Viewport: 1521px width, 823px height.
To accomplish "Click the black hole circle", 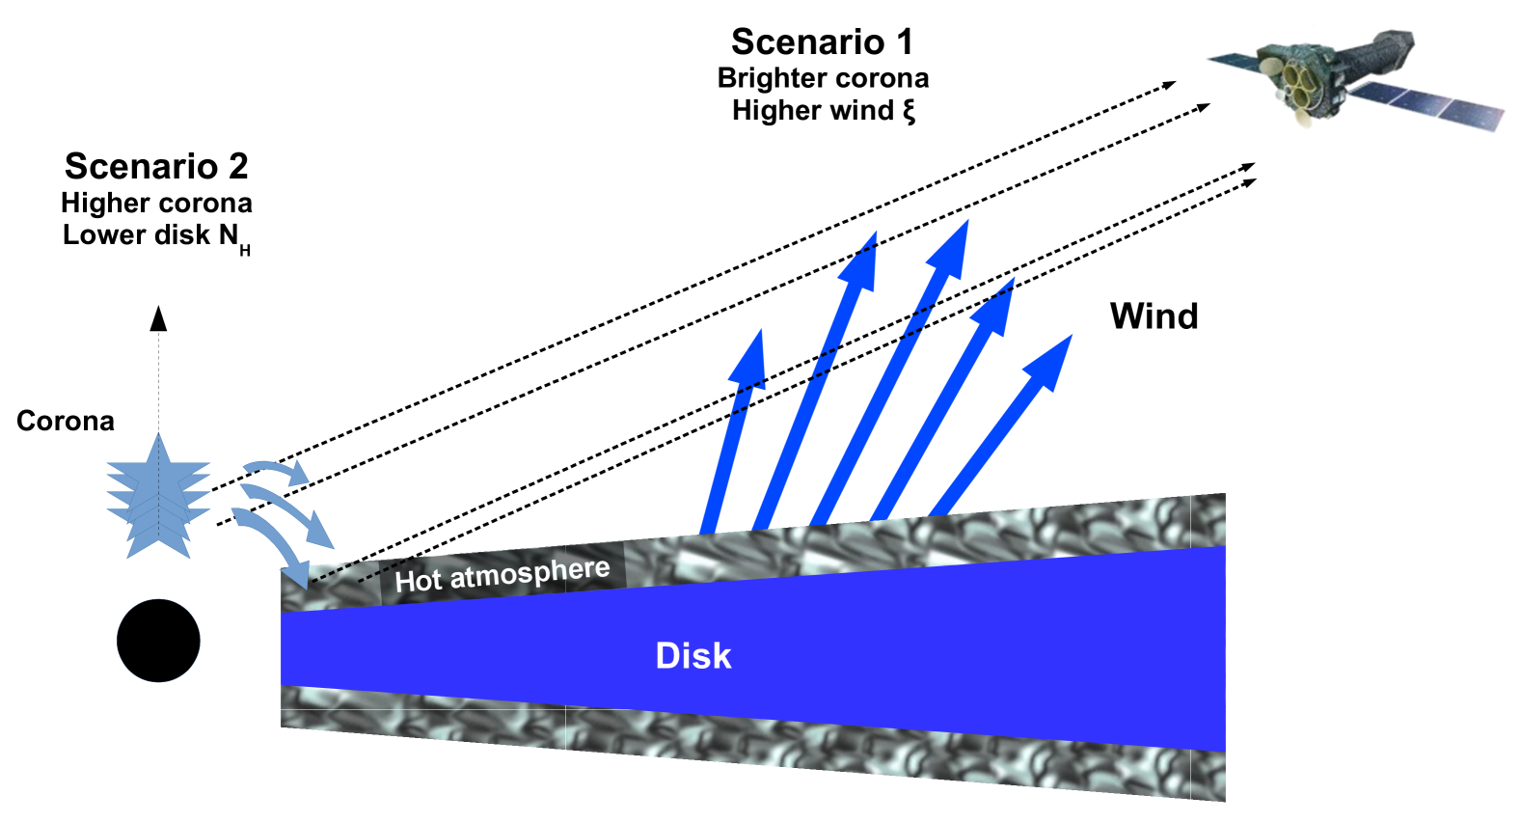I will click(x=158, y=641).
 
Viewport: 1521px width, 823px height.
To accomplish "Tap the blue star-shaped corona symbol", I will click(x=158, y=498).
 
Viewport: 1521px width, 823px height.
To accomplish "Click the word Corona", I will click(x=66, y=422).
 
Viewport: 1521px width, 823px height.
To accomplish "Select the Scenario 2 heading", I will click(x=156, y=167).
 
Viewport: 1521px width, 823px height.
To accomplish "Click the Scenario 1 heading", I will click(x=822, y=42).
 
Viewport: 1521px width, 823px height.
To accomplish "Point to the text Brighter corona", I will click(x=823, y=78).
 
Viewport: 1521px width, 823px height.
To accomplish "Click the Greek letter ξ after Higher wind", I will click(x=909, y=111).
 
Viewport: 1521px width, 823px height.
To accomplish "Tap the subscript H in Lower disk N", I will click(x=245, y=251).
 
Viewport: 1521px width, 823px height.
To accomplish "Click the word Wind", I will click(x=1154, y=316).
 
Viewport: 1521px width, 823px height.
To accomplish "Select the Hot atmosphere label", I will click(x=502, y=575).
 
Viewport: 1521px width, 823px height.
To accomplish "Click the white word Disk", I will click(x=693, y=656).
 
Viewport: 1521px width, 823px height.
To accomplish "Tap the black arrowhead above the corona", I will click(x=158, y=319).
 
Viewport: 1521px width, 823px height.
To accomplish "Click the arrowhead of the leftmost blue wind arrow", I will click(x=750, y=359).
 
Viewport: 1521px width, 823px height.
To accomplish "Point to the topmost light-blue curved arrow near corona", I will click(x=280, y=470).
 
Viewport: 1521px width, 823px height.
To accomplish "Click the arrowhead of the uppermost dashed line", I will click(x=1170, y=85).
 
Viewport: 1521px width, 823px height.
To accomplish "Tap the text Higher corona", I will click(x=156, y=204).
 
